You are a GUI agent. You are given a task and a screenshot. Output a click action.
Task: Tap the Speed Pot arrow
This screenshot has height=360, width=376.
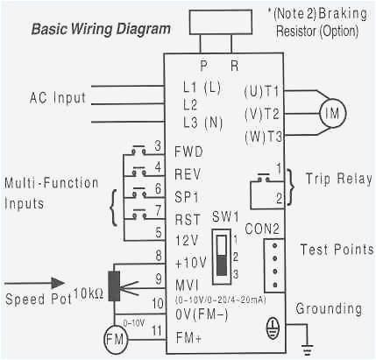[54, 282]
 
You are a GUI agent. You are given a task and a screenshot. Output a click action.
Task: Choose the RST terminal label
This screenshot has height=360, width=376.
[187, 211]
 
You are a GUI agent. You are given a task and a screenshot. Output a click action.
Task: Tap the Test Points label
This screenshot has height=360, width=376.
[336, 249]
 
